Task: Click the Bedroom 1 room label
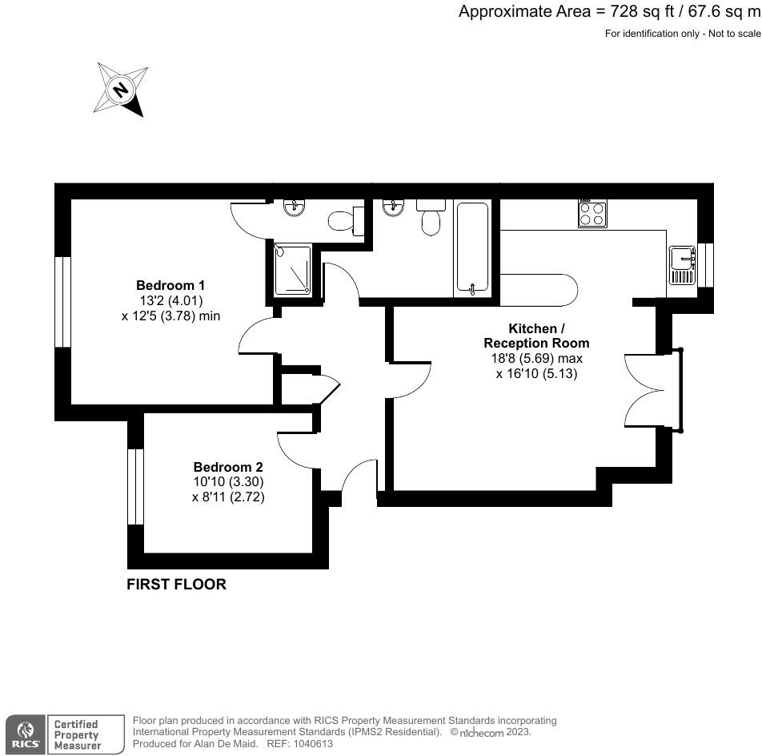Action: coord(170,285)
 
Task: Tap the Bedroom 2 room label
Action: coord(228,467)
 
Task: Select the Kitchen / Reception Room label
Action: coord(536,336)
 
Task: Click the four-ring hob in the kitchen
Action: coord(592,214)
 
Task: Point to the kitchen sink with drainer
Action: coord(682,265)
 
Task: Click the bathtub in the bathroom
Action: coord(472,249)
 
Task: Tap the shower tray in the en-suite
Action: coord(293,271)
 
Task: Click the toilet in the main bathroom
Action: coord(431,217)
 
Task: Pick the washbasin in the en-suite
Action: coord(294,207)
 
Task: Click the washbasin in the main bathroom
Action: coord(393,207)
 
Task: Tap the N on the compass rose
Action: coord(120,90)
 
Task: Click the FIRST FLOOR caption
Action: coord(176,585)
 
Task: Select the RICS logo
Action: coord(26,734)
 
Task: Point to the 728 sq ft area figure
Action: coord(642,11)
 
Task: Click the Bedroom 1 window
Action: coord(63,302)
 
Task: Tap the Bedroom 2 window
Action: coord(135,487)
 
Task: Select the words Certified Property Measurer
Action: coord(77,734)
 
